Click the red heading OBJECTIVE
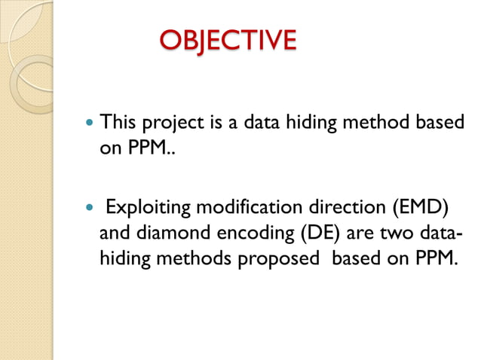(227, 40)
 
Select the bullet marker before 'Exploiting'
(90, 206)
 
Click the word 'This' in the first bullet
(118, 122)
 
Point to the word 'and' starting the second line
(114, 232)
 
